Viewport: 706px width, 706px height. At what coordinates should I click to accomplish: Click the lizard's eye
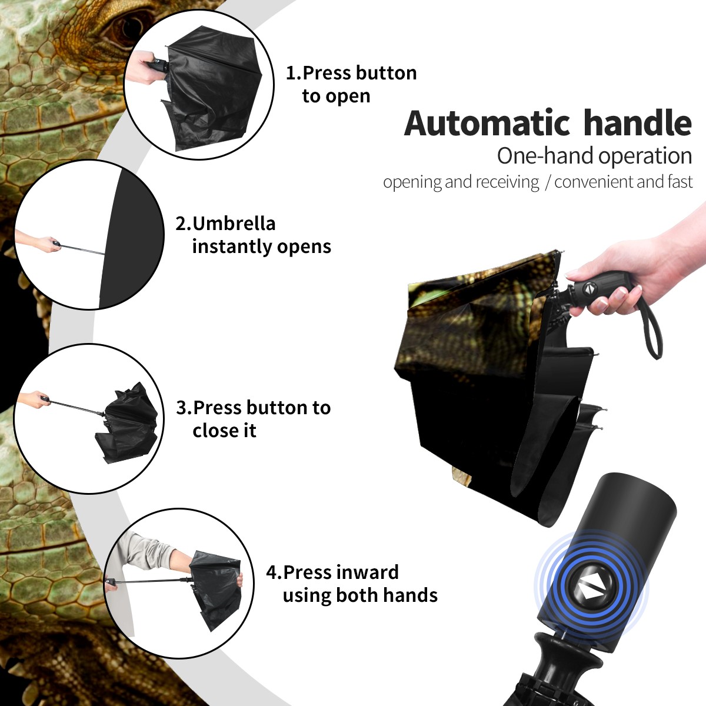tap(131, 28)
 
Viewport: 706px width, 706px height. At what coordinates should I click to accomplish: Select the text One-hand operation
tap(594, 156)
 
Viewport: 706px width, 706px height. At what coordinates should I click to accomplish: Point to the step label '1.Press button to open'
tap(351, 84)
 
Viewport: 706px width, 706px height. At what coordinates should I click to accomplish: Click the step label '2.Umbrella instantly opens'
tap(253, 235)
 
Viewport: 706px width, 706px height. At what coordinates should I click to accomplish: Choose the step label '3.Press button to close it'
tap(253, 419)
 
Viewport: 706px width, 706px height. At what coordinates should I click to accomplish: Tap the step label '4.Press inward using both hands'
tap(352, 584)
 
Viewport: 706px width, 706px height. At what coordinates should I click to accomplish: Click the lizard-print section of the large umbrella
tap(477, 315)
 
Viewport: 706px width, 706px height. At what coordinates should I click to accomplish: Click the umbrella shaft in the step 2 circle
tap(82, 249)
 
